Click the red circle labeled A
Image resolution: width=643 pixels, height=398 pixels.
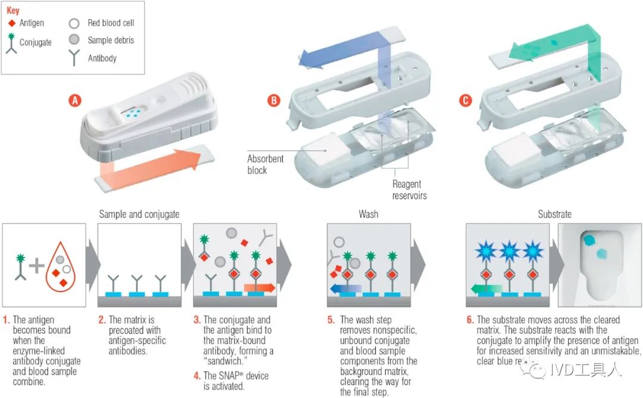click(x=75, y=101)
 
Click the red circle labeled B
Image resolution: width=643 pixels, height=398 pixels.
click(x=273, y=101)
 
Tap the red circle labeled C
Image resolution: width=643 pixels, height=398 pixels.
click(x=466, y=101)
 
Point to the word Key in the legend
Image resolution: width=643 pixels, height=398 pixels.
click(x=13, y=11)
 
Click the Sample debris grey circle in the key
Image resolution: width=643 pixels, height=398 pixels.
click(x=74, y=40)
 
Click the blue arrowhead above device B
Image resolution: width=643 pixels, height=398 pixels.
click(x=309, y=58)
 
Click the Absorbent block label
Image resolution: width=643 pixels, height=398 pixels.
click(x=266, y=164)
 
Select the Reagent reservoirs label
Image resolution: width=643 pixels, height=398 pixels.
click(x=410, y=190)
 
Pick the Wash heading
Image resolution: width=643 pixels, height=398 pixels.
click(x=369, y=214)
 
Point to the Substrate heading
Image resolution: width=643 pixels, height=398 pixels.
click(x=555, y=214)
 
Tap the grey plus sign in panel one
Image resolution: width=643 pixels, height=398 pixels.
click(x=37, y=266)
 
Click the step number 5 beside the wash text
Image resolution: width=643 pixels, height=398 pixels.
click(x=330, y=320)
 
